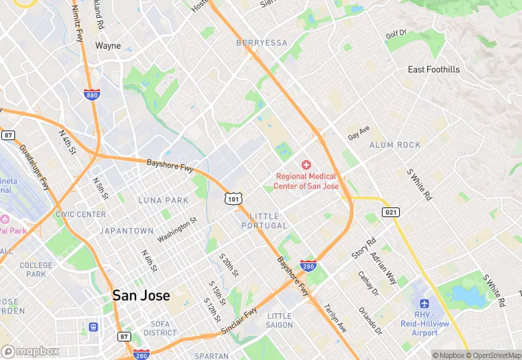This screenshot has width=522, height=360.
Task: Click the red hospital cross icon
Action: [x=306, y=165]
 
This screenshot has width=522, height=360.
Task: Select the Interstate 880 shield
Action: [x=91, y=94]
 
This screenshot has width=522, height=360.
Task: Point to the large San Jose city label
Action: [x=139, y=295]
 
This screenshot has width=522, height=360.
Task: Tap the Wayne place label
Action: [x=108, y=46]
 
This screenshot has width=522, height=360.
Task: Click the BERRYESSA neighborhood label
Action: [x=262, y=43]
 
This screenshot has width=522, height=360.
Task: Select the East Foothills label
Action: [x=433, y=69]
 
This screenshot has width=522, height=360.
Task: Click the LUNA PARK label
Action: [x=163, y=200]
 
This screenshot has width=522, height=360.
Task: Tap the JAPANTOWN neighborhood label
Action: [x=126, y=231]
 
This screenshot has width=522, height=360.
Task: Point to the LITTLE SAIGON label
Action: [x=279, y=320]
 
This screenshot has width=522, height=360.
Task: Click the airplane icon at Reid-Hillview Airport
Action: [x=424, y=304]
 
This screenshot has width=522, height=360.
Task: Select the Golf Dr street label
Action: [x=396, y=34]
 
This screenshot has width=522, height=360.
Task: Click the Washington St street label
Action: [x=177, y=229]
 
